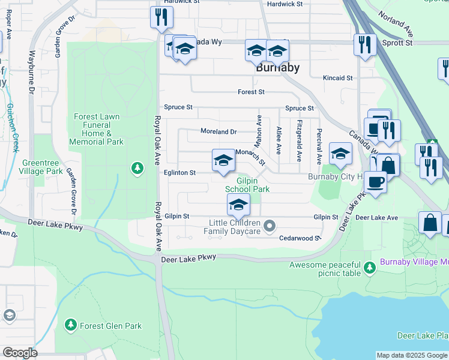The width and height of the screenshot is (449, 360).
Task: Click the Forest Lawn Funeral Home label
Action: pyautogui.click(x=96, y=130)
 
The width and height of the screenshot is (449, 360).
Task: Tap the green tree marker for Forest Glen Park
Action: pyautogui.click(x=71, y=325)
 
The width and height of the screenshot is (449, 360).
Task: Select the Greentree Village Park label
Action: pyautogui.click(x=43, y=167)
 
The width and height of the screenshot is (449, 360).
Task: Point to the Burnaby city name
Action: pyautogui.click(x=277, y=68)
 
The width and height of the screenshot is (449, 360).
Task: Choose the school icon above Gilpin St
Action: pyautogui.click(x=238, y=206)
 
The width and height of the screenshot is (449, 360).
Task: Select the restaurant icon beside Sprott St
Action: pyautogui.click(x=364, y=44)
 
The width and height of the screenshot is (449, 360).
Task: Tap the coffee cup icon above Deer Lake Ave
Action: pyautogui.click(x=375, y=182)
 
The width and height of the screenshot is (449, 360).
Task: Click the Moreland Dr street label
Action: pyautogui.click(x=218, y=131)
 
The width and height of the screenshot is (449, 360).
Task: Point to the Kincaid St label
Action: pyautogui.click(x=337, y=78)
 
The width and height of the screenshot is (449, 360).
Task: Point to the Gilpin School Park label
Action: pyautogui.click(x=247, y=185)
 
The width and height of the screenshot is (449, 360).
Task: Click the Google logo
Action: pyautogui.click(x=19, y=353)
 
